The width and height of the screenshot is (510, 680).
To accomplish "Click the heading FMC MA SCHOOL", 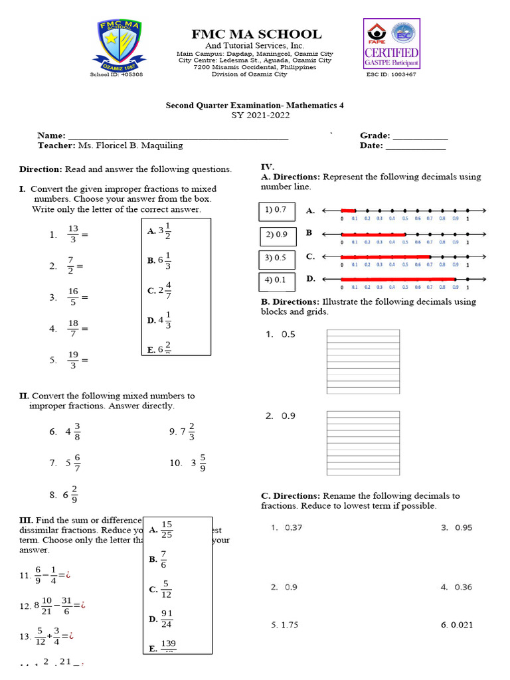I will tap(256, 34).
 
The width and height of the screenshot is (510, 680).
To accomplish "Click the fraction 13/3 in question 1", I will tap(73, 234).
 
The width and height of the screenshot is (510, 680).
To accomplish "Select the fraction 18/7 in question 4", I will tap(73, 328).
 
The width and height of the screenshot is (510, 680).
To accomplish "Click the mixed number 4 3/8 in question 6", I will tap(73, 432).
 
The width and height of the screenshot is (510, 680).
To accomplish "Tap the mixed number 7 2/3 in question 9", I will tap(187, 432).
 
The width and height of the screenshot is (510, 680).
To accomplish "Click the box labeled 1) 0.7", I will tap(276, 211).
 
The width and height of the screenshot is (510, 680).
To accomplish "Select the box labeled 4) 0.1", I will tap(276, 280).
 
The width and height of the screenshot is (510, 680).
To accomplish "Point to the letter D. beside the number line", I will tap(310, 279).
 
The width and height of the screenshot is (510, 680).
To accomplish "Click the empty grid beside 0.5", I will tap(363, 361).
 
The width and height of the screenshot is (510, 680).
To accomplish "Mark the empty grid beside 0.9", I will tap(363, 442).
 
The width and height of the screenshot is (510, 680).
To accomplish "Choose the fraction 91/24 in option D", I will tap(167, 618).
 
